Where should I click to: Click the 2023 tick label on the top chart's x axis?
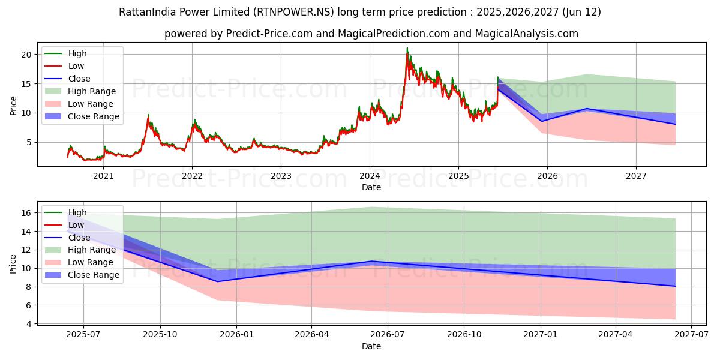(281, 176)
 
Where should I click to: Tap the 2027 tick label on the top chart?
(636, 176)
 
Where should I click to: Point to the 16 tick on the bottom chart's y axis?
(25, 212)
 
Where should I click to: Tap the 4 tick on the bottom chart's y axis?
(28, 324)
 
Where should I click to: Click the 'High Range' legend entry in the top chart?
(92, 91)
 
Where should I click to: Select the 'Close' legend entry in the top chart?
(79, 79)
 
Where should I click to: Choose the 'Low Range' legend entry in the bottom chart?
(91, 262)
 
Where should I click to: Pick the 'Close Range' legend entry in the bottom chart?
(94, 275)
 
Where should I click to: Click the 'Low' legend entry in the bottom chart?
(76, 225)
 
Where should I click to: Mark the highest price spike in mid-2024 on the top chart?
(407, 49)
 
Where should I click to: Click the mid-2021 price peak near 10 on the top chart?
(148, 115)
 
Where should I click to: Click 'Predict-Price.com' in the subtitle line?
(269, 34)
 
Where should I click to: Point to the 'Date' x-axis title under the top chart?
(371, 187)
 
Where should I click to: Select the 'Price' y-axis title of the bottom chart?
(13, 263)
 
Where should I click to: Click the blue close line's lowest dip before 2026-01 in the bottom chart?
(217, 281)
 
